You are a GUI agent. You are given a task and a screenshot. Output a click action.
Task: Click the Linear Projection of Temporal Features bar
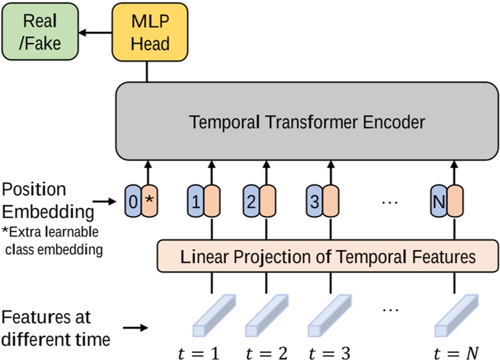point(327,255)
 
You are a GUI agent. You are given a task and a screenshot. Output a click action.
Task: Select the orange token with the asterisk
point(149,200)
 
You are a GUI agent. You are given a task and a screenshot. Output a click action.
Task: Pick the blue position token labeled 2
point(251,200)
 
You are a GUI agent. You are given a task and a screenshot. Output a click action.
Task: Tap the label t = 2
point(265,353)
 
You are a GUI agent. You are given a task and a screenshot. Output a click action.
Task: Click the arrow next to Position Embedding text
point(105,201)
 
